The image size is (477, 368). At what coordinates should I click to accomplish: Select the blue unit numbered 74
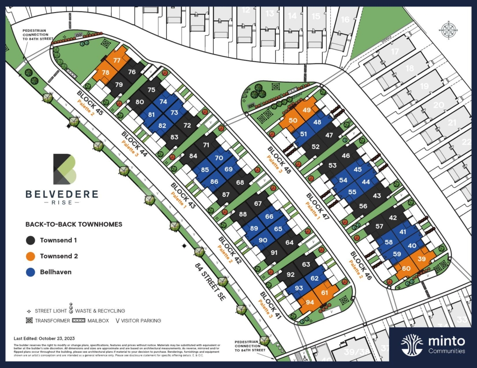pos(163,102)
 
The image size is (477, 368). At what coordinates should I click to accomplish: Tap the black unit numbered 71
pos(206,145)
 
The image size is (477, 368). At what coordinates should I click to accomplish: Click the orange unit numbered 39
pos(421,259)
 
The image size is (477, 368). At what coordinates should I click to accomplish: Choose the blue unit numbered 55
pos(352,192)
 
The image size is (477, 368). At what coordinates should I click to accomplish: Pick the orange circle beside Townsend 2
pos(31,256)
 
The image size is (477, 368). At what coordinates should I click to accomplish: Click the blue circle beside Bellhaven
pos(31,272)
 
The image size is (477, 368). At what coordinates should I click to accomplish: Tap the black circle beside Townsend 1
pos(31,240)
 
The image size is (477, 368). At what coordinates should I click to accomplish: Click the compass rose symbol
pos(448,30)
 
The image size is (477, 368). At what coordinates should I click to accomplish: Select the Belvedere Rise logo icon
pos(64,169)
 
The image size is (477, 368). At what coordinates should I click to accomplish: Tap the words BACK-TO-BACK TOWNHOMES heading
pos(74,224)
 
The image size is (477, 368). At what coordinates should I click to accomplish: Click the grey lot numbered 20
pos(439,105)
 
